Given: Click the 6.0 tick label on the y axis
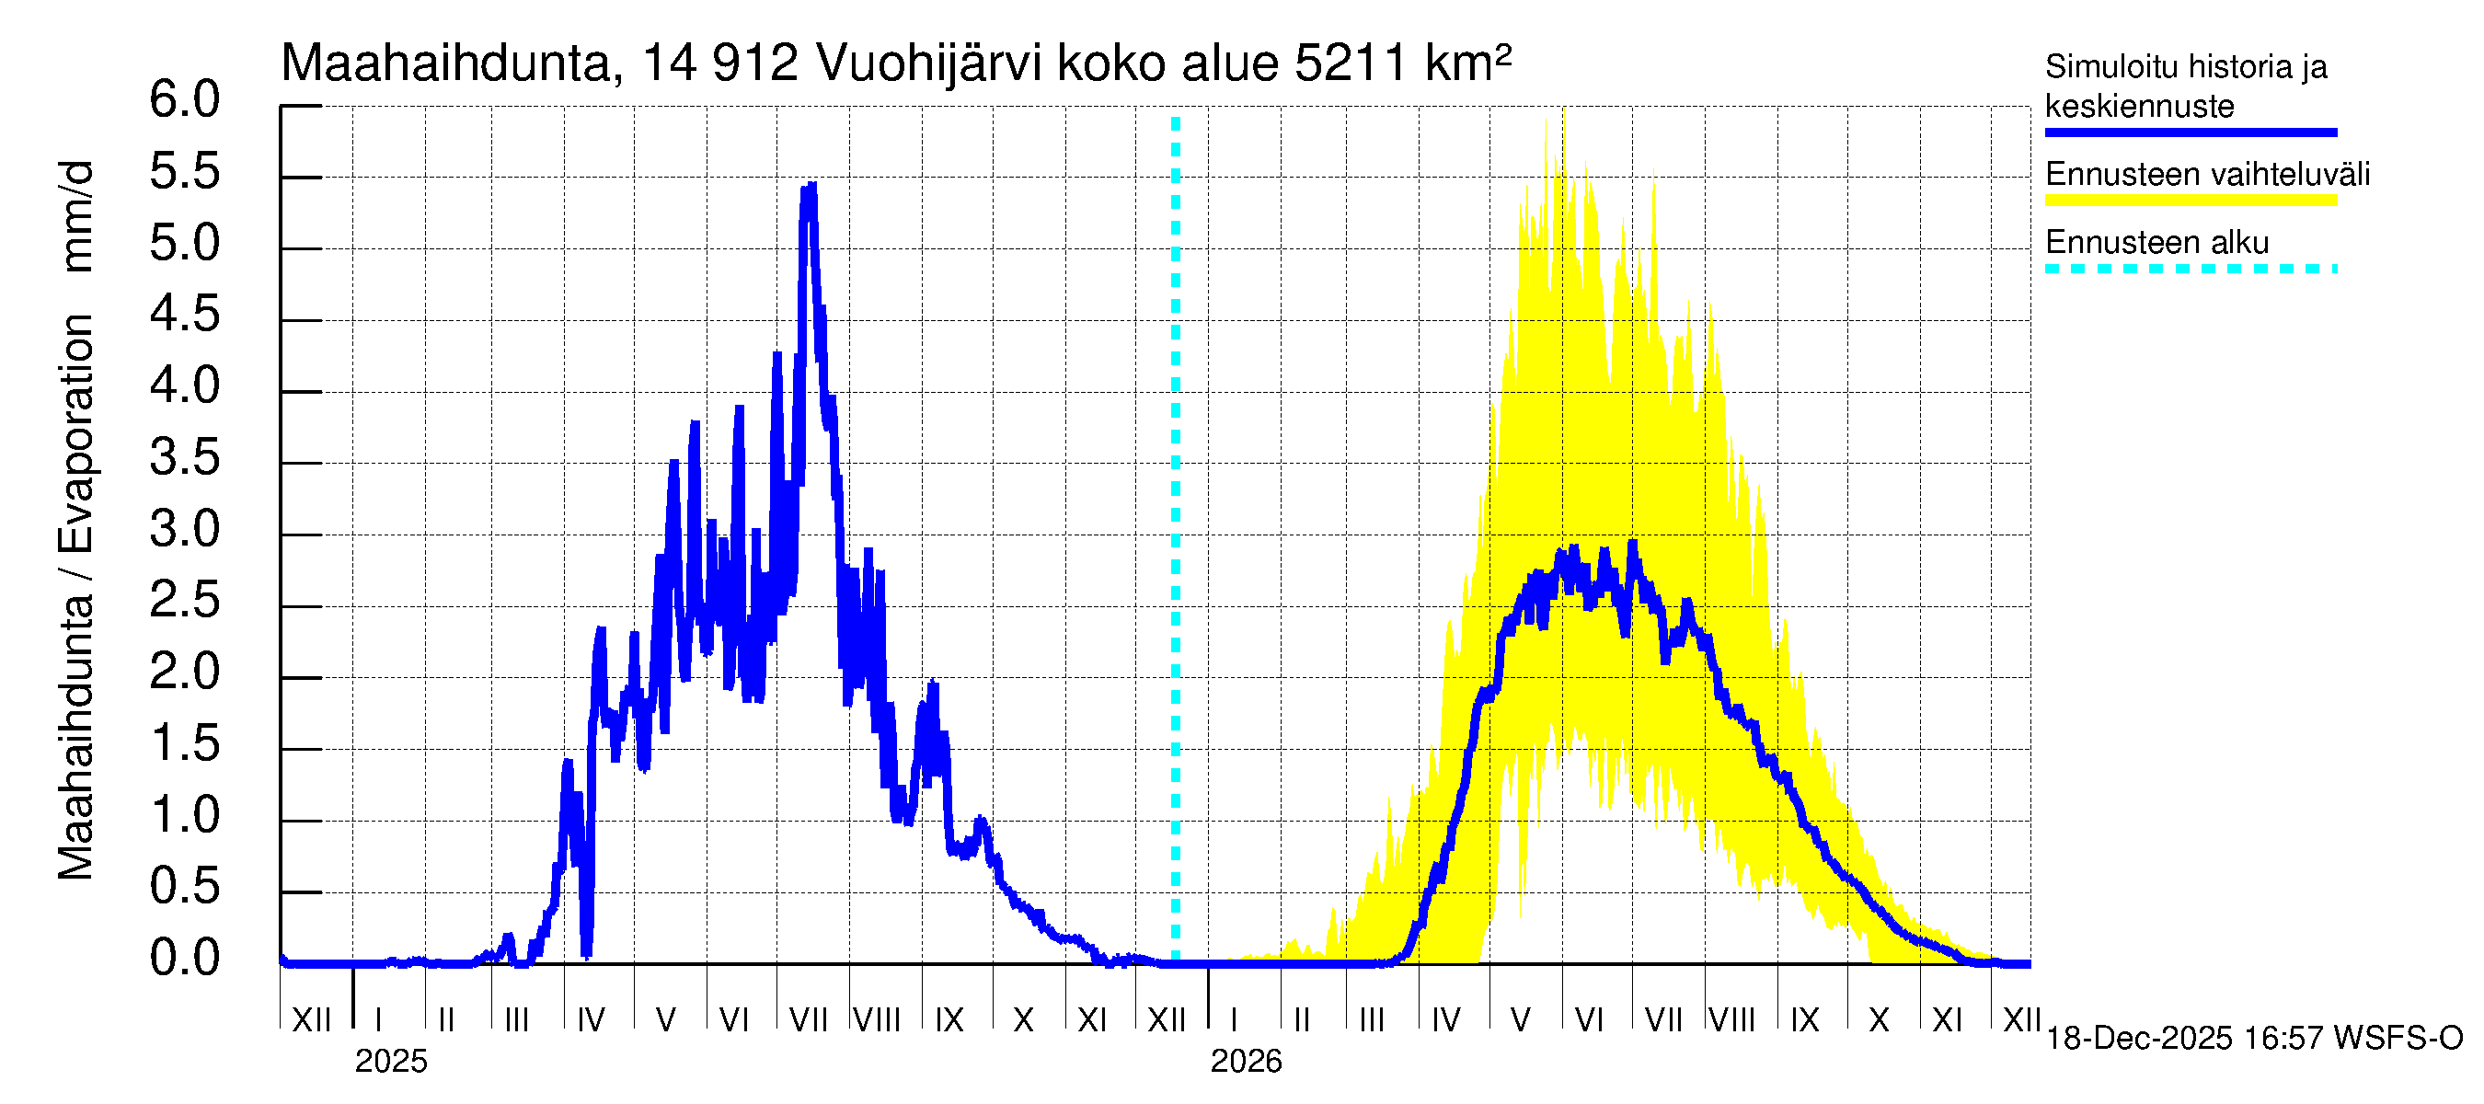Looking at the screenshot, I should tap(184, 100).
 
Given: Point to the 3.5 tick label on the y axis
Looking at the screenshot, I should tap(184, 458).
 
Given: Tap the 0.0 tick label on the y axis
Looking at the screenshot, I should tap(184, 959).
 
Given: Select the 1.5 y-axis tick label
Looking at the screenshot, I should tap(184, 744).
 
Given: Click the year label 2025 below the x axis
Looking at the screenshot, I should tap(390, 1062).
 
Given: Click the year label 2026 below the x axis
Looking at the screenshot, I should tap(1246, 1062).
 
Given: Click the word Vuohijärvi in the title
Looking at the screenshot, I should tap(928, 63).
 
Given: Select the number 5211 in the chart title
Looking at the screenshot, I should tap(1350, 63).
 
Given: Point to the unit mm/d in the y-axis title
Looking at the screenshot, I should tap(77, 217).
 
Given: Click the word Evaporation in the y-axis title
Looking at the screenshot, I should tap(77, 434).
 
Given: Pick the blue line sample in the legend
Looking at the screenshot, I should tap(2190, 133).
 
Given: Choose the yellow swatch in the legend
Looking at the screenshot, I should tap(2190, 201).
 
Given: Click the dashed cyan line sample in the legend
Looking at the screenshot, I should tap(2190, 269).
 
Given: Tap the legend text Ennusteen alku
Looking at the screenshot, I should tap(2156, 242).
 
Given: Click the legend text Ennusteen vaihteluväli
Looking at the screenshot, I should tap(2206, 175).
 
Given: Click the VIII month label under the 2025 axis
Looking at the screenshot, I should tap(878, 1019).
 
